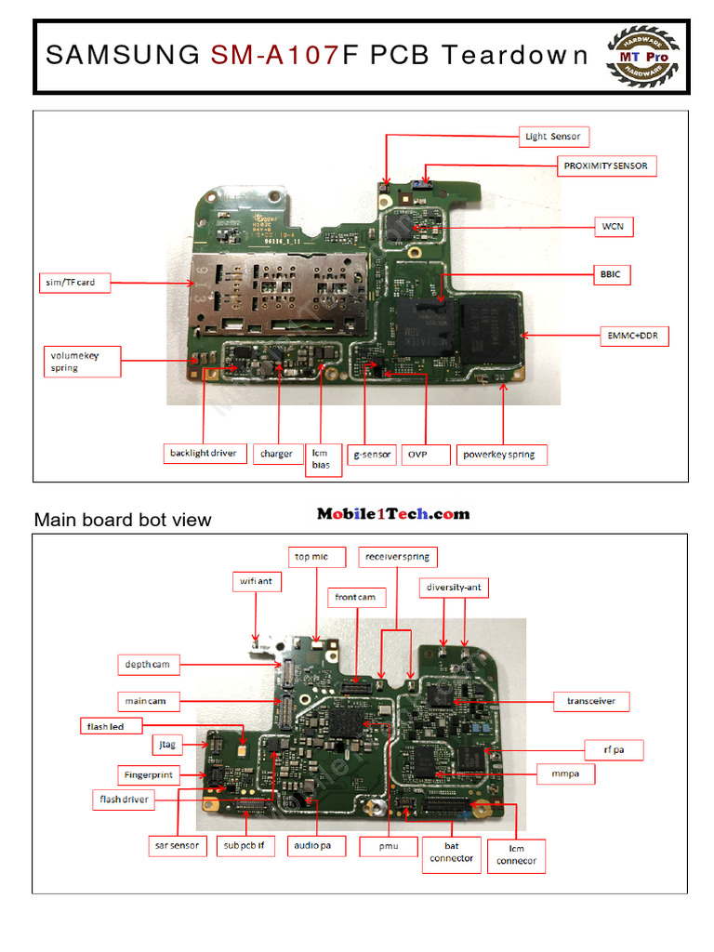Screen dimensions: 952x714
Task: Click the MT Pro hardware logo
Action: tap(643, 56)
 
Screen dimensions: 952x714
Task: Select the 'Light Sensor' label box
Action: tap(552, 137)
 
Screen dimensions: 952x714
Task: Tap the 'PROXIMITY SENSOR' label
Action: tap(607, 166)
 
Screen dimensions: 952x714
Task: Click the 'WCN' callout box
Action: tap(613, 226)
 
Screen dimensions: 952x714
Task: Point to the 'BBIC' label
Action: tap(610, 274)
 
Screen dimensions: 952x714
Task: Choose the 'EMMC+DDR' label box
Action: tap(631, 335)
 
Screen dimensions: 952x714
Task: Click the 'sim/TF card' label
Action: tap(73, 282)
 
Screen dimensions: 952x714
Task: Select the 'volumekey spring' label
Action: tap(82, 361)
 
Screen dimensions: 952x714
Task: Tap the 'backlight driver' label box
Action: tap(203, 454)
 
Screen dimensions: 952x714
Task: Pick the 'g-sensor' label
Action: tap(373, 455)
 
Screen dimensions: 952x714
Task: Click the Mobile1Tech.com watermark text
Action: tap(393, 514)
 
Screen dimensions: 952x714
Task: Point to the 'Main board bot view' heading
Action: tap(123, 520)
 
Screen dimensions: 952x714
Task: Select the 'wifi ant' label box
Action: tap(256, 582)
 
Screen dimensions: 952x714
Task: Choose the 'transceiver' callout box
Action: tap(590, 701)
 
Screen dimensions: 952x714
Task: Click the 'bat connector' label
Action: tap(452, 852)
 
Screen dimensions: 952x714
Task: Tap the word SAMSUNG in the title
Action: tap(122, 56)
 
